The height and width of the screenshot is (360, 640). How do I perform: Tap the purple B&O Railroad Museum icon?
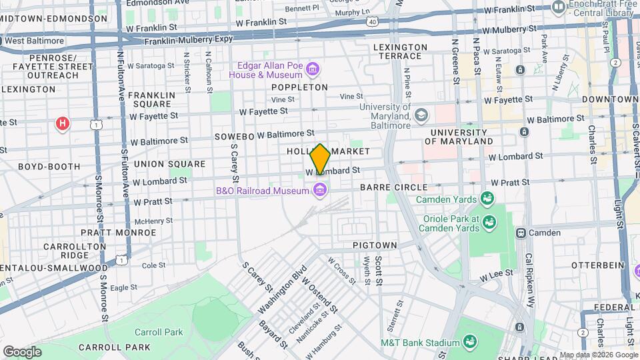pos(319,191)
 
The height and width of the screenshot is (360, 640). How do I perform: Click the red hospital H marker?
pos(63,123)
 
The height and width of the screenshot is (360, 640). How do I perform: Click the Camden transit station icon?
pos(521,233)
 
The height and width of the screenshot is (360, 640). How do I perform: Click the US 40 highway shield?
pos(372,22)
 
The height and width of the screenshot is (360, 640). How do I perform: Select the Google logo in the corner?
pos(22,351)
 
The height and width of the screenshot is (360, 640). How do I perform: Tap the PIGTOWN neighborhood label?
pos(375,245)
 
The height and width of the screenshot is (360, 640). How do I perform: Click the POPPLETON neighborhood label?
pos(299,87)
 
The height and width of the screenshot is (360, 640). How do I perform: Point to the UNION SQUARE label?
pos(169,164)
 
